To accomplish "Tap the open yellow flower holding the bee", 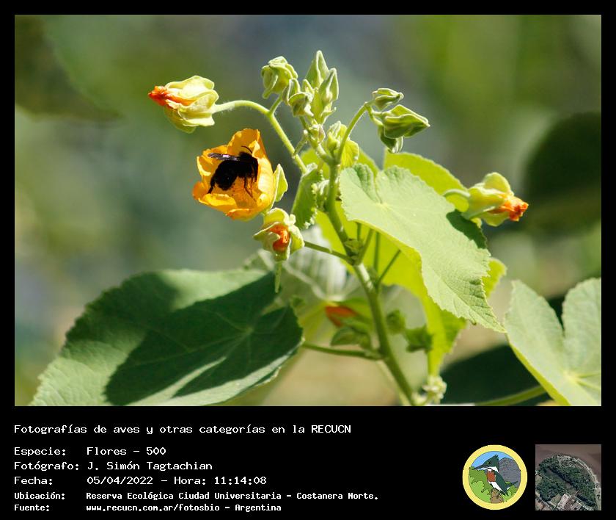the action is [x=238, y=175].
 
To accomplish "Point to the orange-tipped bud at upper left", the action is [x=184, y=103].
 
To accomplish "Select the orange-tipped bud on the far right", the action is [x=496, y=200].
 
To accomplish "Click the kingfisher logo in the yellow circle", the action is [x=495, y=477].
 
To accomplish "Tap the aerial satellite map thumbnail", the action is [x=568, y=477].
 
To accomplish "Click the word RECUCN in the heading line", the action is [x=331, y=429].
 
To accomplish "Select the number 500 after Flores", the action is [x=156, y=451].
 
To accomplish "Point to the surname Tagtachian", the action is [x=179, y=466].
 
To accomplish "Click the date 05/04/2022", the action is [x=120, y=480].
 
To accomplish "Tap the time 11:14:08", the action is [x=240, y=480].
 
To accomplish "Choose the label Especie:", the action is [x=40, y=451].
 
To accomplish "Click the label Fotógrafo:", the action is [x=47, y=466].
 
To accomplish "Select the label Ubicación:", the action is [x=40, y=496].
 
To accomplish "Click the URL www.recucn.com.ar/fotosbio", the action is [x=153, y=508].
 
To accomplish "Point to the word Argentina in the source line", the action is [x=258, y=508].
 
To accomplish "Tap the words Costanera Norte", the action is [x=337, y=496].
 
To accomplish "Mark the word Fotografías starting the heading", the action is [x=51, y=429].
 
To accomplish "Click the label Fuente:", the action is [x=32, y=508].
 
